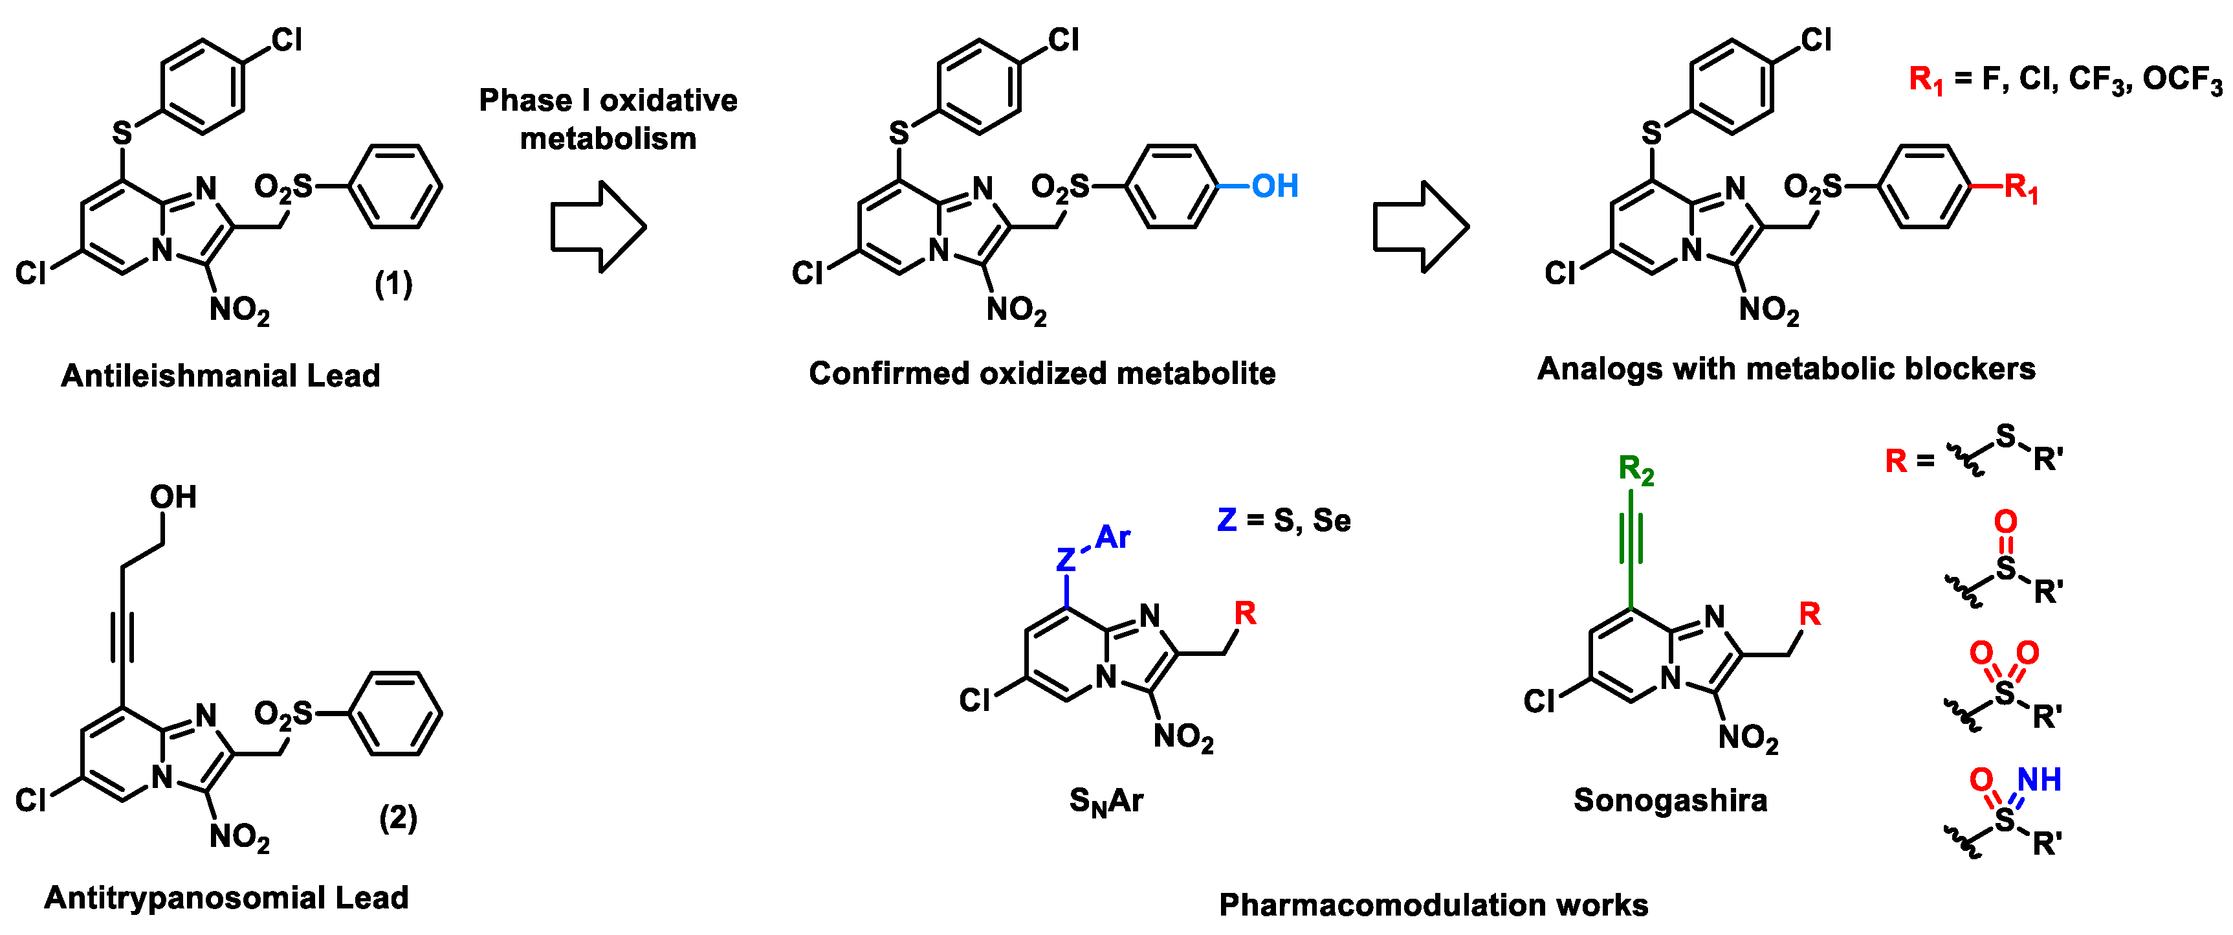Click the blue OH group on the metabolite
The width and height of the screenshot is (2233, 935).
[x=1274, y=186]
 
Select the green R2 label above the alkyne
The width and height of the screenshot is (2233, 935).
[x=1636, y=470]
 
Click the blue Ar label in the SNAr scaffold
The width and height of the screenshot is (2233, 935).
[x=1113, y=538]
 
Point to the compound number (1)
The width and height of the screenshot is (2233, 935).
[x=393, y=284]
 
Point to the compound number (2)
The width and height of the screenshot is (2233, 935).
[x=398, y=817]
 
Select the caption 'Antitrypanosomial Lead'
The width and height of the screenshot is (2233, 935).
[x=226, y=897]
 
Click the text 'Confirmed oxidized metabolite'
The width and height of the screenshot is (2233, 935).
[x=1042, y=374]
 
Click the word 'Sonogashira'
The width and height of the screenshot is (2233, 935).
[x=1671, y=800]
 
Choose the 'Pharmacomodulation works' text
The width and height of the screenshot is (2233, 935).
[x=1433, y=905]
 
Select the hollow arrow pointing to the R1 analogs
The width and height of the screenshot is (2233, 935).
[x=1421, y=227]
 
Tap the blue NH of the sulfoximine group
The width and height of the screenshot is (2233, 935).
[x=2039, y=780]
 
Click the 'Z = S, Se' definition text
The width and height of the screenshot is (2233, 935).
[x=1284, y=521]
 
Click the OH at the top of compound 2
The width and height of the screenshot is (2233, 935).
[x=173, y=497]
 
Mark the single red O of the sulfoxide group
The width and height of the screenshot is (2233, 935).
[x=2005, y=521]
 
